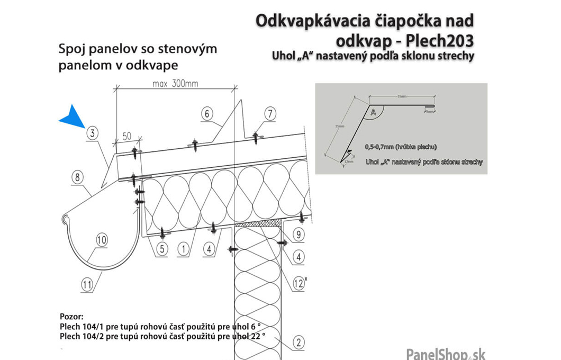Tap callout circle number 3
[92, 134]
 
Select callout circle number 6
[207, 113]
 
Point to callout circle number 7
[270, 113]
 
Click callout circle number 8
[77, 178]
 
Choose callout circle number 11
[87, 284]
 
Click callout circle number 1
[183, 248]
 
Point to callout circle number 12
[298, 284]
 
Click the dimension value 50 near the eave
[126, 136]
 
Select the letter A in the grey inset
[374, 112]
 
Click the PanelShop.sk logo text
[445, 353]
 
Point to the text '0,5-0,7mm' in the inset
[379, 146]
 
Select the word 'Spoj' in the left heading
[72, 49]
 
